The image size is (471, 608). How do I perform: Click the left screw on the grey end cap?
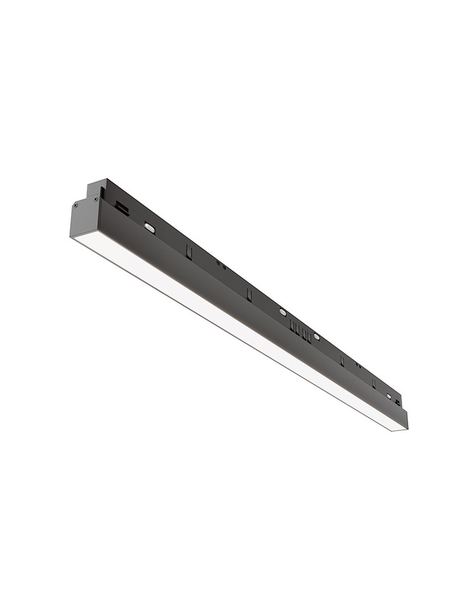coord(75,206)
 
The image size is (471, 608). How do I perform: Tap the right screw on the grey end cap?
coord(96,199)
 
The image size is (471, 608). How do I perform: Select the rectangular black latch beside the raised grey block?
coord(122,209)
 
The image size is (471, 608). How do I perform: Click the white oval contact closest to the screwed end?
coord(150,228)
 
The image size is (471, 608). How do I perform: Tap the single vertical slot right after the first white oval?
coord(189,252)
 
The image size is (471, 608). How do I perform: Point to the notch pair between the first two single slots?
coord(220,265)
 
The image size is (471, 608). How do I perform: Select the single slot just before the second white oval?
coord(249,294)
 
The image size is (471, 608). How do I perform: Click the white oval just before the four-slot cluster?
coord(282,312)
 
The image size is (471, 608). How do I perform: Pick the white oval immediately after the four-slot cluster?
coord(316,336)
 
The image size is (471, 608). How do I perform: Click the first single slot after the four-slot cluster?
coord(342,361)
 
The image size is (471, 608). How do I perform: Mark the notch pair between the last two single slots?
coord(358,365)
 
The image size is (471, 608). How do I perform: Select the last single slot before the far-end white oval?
coord(374,383)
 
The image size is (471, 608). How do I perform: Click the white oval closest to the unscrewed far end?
coord(389,396)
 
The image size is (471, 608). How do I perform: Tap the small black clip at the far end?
coord(398,402)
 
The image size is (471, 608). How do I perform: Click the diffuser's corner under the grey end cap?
coord(74,239)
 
